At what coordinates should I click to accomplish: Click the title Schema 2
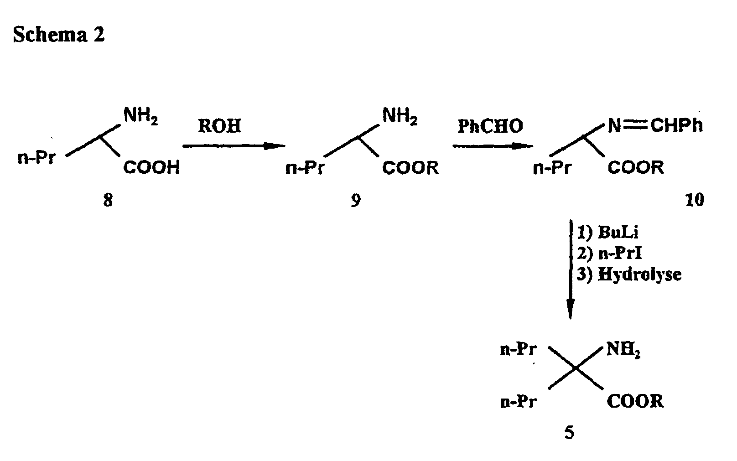coord(59,35)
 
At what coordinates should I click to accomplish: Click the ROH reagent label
coord(219,126)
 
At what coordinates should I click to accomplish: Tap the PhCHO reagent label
coord(490,126)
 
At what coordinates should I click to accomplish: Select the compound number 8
coord(108,200)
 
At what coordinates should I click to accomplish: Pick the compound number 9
coord(355,200)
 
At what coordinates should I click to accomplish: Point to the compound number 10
coord(695,200)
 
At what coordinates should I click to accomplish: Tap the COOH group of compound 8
coord(151,168)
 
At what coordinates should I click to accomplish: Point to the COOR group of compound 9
coord(410,168)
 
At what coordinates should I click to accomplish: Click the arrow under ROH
coord(234,146)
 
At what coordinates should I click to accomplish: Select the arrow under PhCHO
coord(493,146)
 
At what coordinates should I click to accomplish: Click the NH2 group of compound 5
coord(623,351)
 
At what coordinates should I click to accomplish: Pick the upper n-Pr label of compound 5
coord(519,350)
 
